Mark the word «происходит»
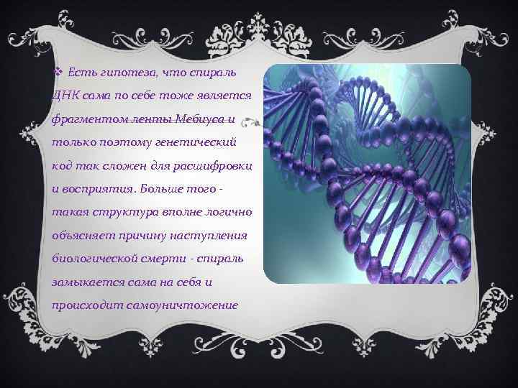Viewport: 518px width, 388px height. (87, 305)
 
